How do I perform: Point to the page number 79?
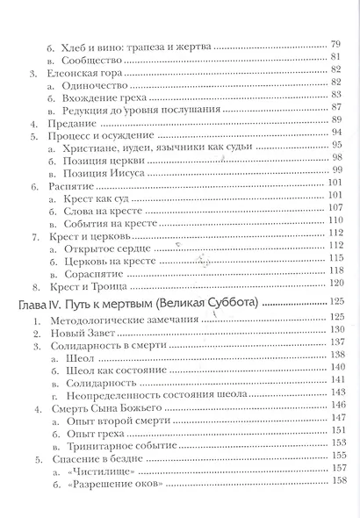pyautogui.click(x=335, y=43)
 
